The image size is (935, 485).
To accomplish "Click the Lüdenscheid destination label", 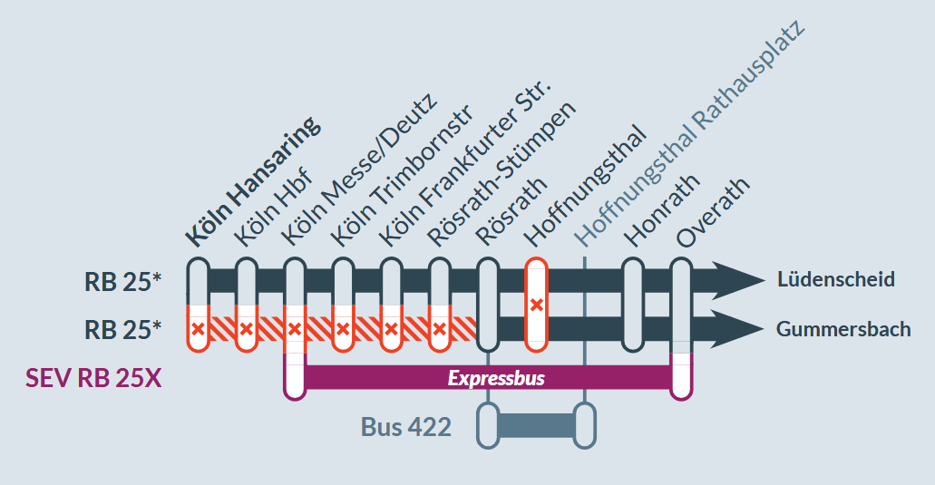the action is coord(836,279).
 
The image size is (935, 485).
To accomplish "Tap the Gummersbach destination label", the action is coord(843,329).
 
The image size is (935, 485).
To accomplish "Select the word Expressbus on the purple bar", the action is coord(496,378).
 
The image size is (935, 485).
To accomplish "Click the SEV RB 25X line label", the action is coord(93,378).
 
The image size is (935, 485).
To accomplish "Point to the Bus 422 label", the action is coord(406,427).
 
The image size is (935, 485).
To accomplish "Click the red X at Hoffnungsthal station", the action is coord(536,306).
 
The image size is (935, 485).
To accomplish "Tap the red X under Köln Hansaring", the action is coord(198,328).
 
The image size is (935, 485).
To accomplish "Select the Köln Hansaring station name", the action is coord(253,181).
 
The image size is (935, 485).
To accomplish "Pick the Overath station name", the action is coord(712,212).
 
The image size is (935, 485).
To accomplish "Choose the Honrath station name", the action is coord(661,210).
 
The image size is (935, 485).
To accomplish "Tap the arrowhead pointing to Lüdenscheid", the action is coord(738,279).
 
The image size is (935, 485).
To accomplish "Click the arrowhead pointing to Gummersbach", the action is coord(738,329).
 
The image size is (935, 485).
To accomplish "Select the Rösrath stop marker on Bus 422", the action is coord(488,425).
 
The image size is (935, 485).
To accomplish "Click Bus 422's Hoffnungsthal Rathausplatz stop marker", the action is coord(584,425).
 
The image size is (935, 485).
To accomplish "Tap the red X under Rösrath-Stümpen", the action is coord(440,328).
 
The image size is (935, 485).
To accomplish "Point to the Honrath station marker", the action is coord(633,305).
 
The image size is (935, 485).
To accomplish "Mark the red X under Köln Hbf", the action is coord(246,328).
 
